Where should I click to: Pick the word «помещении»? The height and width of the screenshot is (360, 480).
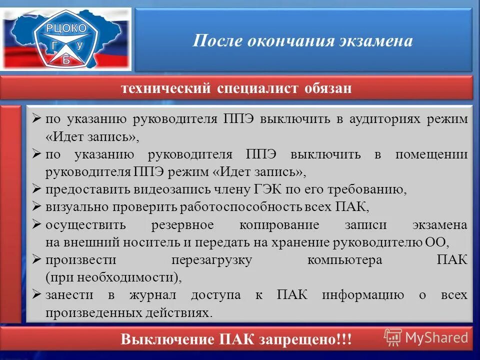pos(431,154)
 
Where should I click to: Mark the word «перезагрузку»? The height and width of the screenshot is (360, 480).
pos(211,260)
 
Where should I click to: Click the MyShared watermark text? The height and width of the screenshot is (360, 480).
pos(436,337)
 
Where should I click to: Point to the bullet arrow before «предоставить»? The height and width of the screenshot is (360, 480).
pos(36,189)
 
